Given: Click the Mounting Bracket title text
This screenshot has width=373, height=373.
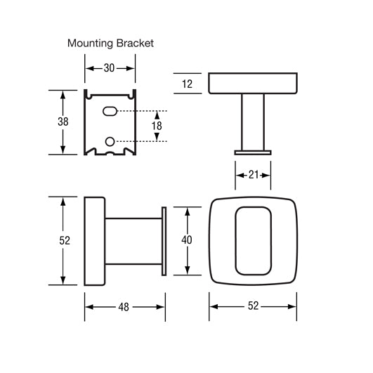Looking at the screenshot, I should point(110,43).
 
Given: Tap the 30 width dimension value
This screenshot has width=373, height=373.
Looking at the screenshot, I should point(110,68).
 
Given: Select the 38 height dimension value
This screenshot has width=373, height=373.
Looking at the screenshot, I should point(63,122).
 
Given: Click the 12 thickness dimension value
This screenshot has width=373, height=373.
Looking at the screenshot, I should point(186,83).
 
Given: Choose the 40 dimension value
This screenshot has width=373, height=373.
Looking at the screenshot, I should point(187,240).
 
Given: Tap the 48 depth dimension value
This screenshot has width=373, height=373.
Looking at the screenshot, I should point(125,306).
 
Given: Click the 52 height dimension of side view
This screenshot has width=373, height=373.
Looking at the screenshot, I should point(65,240).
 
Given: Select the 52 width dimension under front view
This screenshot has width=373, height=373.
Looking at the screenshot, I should point(253,306).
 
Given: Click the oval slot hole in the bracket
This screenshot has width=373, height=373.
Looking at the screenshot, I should point(110,111).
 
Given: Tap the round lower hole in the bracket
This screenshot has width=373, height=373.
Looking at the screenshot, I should point(110,141).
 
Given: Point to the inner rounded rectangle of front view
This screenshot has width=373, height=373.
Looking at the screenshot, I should point(253,240).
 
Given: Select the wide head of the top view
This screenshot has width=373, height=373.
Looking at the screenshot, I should point(253,83).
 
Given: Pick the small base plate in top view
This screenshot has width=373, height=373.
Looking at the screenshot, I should point(253,150).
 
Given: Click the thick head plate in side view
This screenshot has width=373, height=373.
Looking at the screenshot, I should point(95,240).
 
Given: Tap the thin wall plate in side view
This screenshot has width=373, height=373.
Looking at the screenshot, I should point(164,240).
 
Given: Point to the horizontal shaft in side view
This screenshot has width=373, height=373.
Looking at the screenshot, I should point(133,240).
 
